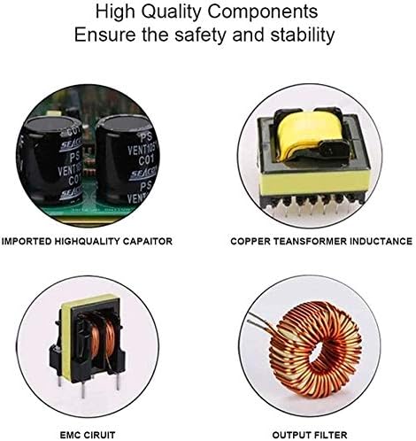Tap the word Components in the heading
pyautogui.click(x=263, y=12)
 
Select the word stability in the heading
pyautogui.click(x=303, y=35)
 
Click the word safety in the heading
pyautogui.click(x=200, y=35)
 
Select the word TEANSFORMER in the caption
pyautogui.click(x=309, y=241)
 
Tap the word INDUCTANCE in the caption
pyautogui.click(x=381, y=241)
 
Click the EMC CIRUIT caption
pyautogui.click(x=88, y=435)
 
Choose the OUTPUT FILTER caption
pyautogui.click(x=310, y=435)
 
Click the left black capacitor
pyautogui.click(x=50, y=159)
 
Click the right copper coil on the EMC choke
pyautogui.click(x=110, y=342)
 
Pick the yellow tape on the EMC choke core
pyautogui.click(x=89, y=304)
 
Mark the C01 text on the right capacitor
pyautogui.click(x=146, y=161)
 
